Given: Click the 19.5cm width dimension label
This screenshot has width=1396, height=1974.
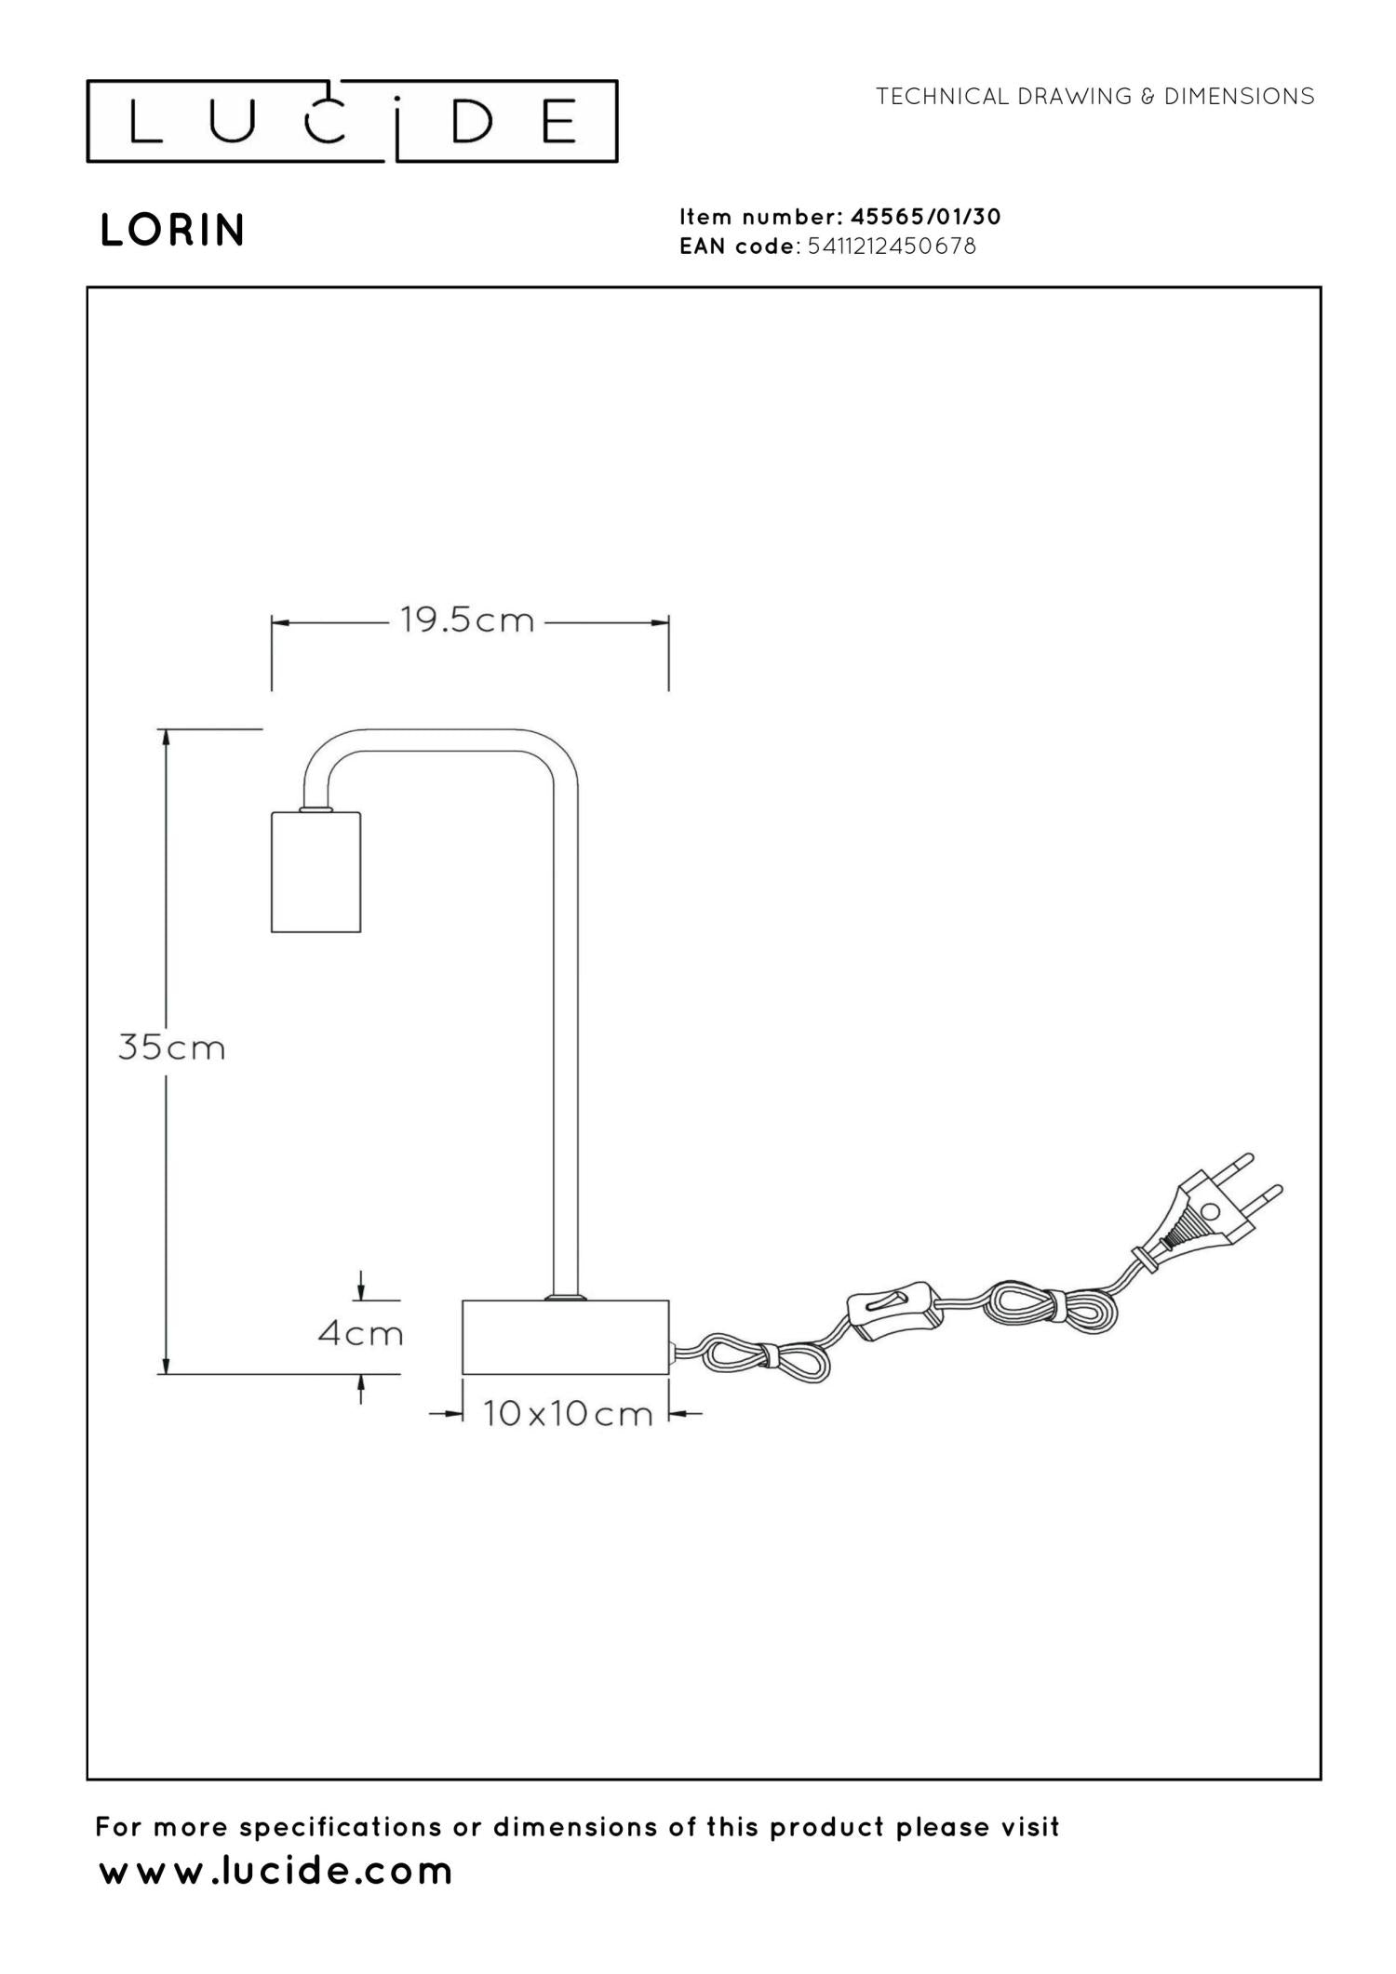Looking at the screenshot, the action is [468, 620].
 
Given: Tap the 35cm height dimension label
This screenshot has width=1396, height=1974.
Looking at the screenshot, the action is [172, 1047].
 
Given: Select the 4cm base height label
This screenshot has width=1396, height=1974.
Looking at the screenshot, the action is [361, 1334].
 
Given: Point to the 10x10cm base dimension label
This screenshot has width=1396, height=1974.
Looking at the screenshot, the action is [568, 1414].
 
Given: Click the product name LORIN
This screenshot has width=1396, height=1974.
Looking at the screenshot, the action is [172, 231].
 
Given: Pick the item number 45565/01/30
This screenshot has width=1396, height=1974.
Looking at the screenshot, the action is [926, 217].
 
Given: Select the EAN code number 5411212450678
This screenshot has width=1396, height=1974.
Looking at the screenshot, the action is [893, 247].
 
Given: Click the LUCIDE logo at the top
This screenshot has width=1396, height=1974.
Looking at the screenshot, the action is [352, 121].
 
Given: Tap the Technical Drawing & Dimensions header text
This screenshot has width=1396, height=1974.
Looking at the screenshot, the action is [1095, 96].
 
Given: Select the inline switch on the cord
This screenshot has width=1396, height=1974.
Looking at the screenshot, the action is [893, 1312].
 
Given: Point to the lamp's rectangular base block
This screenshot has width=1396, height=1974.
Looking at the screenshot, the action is [566, 1337].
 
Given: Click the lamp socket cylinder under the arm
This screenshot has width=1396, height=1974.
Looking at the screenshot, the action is [315, 872].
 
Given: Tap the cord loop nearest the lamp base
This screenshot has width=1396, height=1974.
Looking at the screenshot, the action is [761, 1357].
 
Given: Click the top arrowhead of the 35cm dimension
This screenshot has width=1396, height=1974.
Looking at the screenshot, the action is [166, 738].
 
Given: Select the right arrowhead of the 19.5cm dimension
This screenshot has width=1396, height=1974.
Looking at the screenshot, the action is [659, 622].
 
